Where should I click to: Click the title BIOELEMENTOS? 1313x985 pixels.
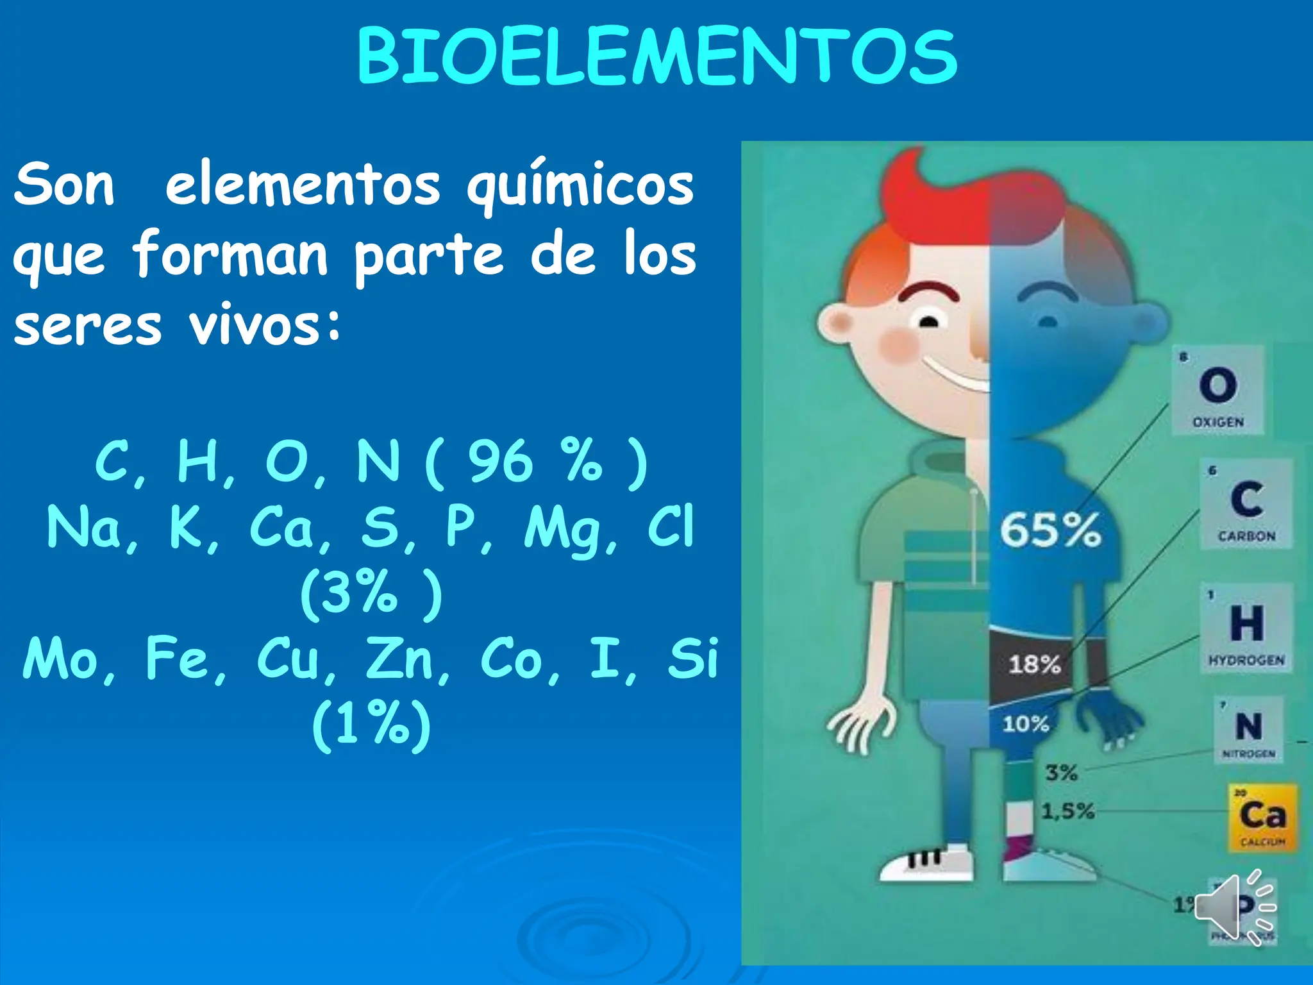[x=656, y=58]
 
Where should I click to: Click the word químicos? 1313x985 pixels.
[x=580, y=186]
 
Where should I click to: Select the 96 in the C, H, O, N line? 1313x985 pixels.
[x=500, y=462]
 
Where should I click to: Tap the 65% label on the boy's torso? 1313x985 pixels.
[x=1051, y=530]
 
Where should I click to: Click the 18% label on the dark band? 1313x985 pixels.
[x=1034, y=664]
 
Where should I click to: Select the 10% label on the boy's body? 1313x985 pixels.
[x=1026, y=724]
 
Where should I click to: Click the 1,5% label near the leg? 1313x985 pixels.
[x=1067, y=811]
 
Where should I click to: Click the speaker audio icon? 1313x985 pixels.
[x=1234, y=907]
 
